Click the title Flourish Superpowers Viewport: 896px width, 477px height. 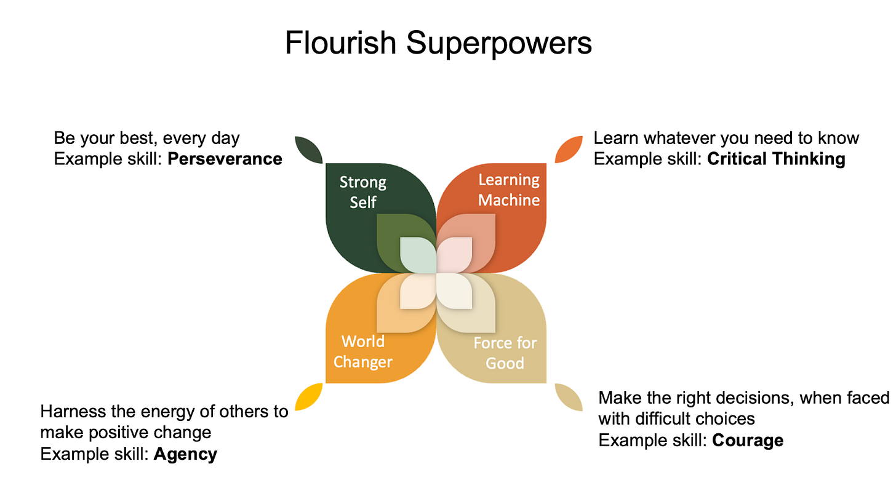click(438, 43)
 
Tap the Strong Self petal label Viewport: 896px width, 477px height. click(363, 191)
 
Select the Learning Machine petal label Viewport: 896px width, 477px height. click(509, 190)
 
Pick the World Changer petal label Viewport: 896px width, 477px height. click(363, 351)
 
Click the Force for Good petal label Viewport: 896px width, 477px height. click(505, 352)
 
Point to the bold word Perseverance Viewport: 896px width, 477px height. click(225, 159)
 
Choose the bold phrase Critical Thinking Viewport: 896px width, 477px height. click(776, 159)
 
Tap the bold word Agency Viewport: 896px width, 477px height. click(185, 454)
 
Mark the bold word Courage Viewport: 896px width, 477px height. click(748, 440)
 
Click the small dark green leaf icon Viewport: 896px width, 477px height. click(309, 150)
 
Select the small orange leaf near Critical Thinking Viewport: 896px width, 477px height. click(568, 150)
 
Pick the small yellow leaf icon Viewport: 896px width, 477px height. click(309, 397)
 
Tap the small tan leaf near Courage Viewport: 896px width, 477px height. click(569, 397)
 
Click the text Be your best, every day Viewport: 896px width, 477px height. click(146, 138)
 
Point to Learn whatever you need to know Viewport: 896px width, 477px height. click(726, 138)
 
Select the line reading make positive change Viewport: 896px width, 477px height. click(126, 432)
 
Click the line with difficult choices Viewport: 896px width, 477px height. click(676, 419)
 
